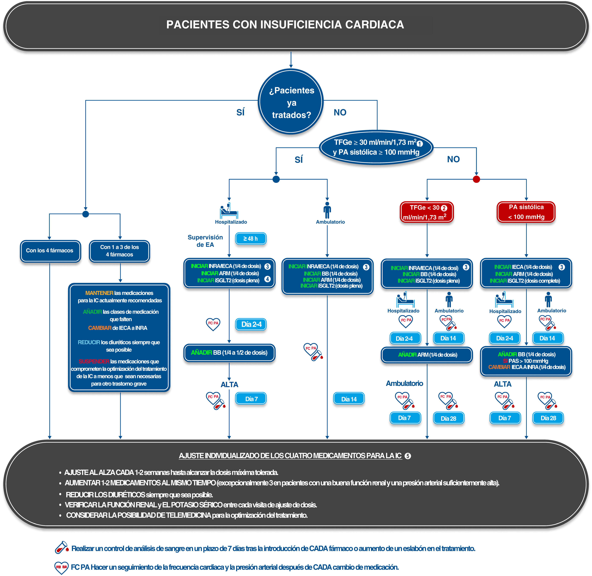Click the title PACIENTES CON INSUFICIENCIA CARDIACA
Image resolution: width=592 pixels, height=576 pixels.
(285, 24)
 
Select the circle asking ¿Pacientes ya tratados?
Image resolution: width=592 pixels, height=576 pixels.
(291, 102)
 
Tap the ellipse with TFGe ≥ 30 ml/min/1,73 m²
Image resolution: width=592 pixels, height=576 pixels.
(376, 147)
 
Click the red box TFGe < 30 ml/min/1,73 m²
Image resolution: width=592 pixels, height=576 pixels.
(427, 212)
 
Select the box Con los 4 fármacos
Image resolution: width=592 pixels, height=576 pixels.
(50, 251)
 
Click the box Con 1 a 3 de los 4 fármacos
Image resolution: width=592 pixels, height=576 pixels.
(119, 251)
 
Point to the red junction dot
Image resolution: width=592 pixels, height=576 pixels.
(476, 179)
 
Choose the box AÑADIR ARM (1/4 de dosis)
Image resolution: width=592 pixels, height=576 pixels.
(427, 355)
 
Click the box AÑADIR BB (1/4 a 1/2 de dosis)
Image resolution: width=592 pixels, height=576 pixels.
(229, 352)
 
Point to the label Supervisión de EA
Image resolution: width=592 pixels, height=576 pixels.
(205, 241)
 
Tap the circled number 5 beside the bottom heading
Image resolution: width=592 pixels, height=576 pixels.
(408, 456)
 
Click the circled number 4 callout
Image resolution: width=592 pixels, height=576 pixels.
(267, 279)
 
